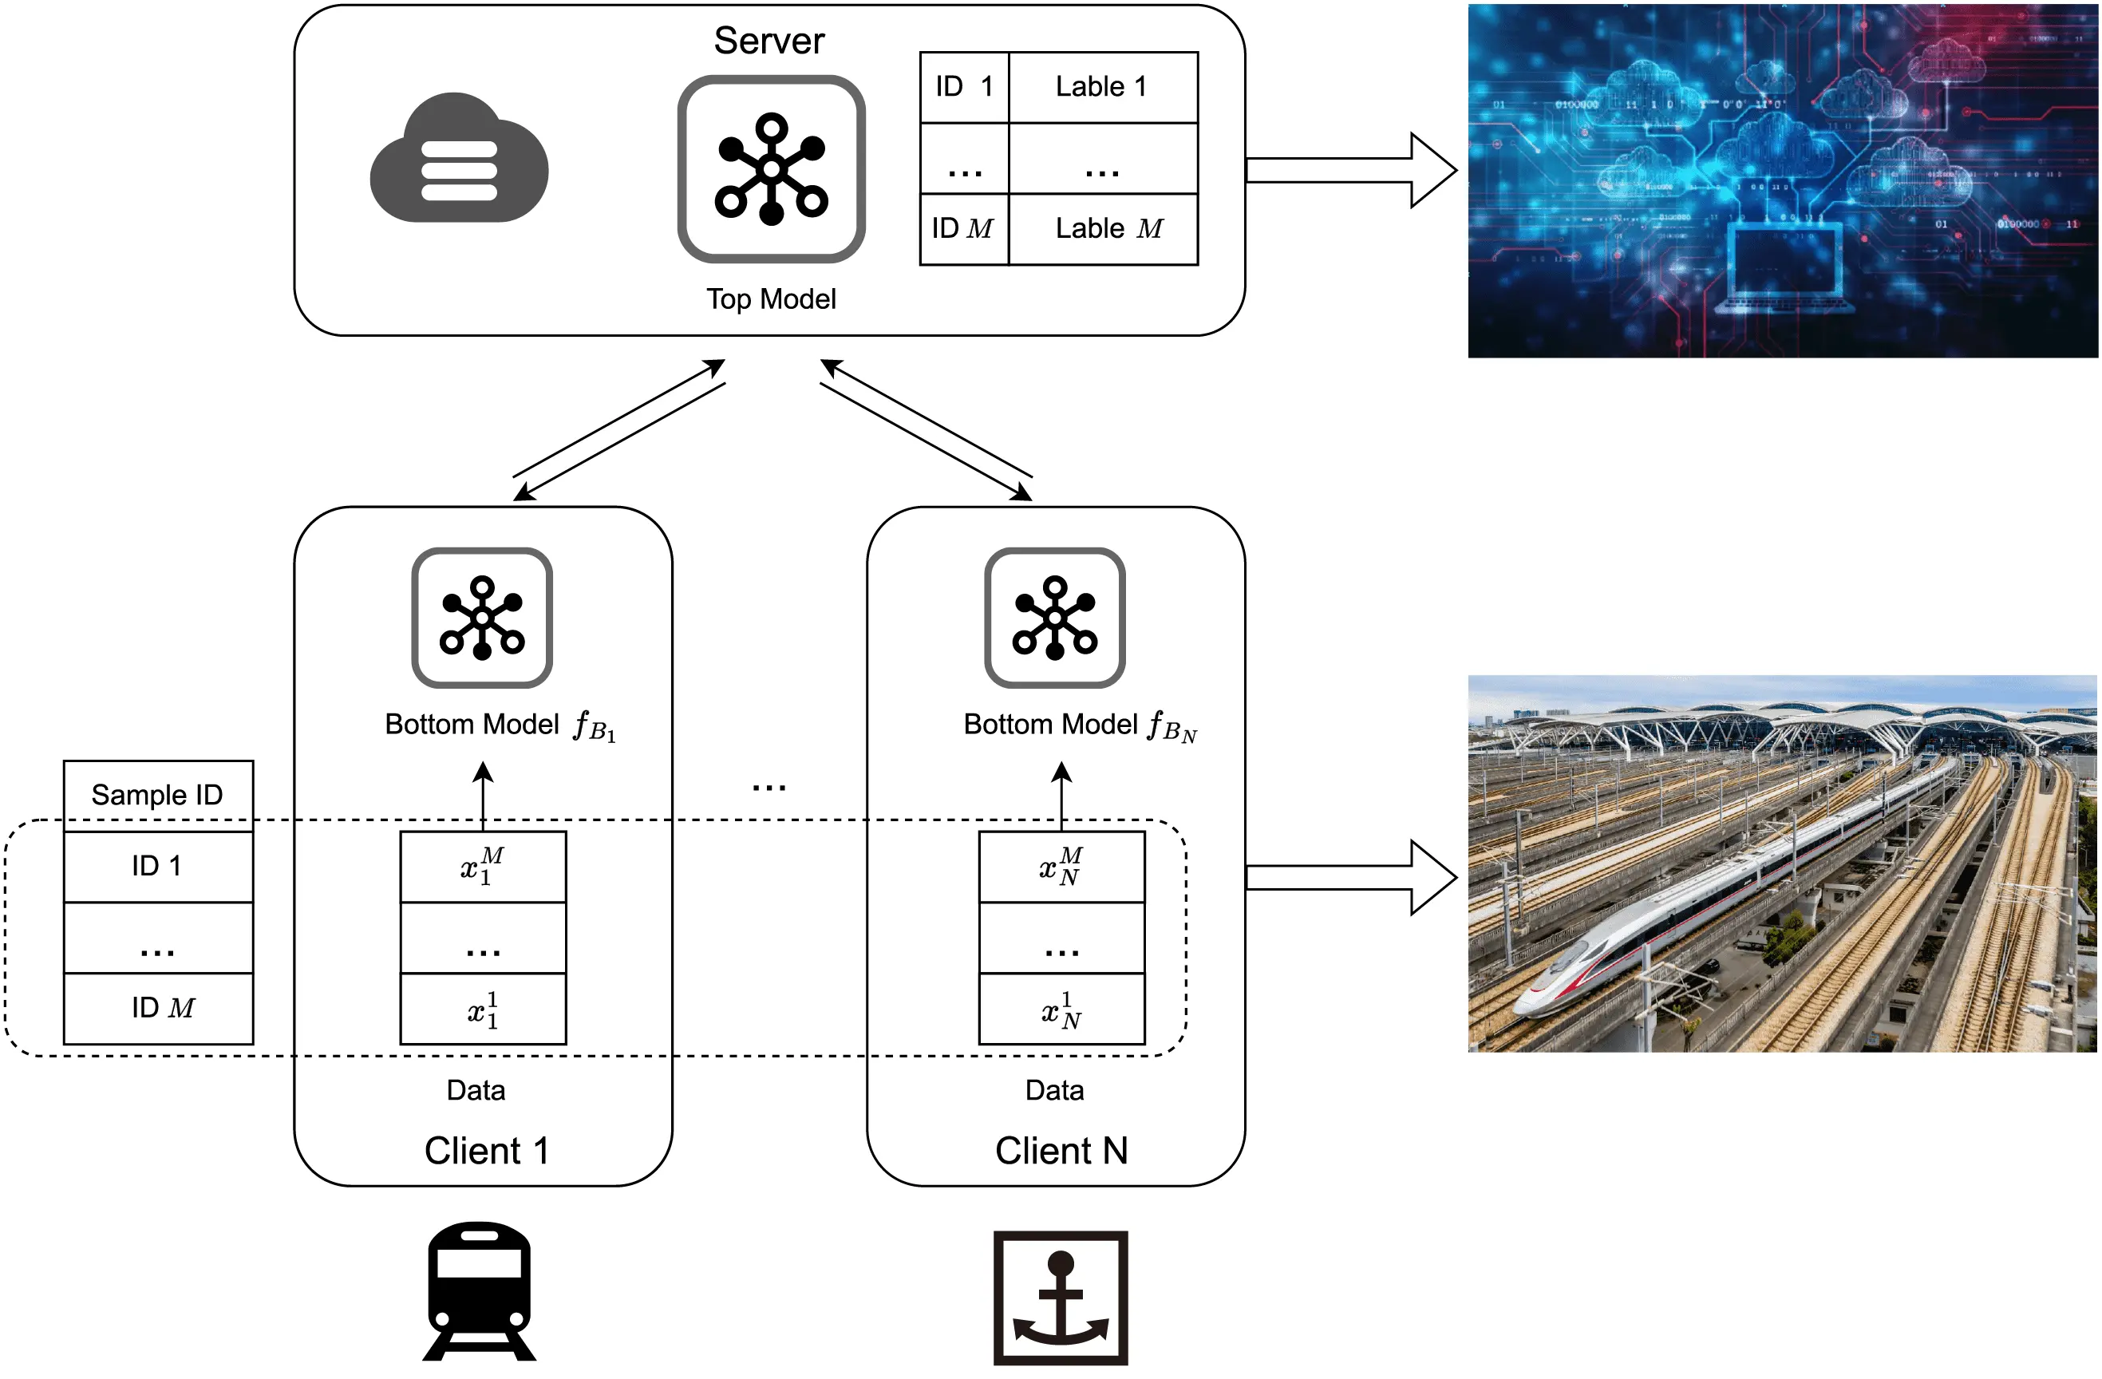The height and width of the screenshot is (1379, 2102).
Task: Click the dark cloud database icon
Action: (458, 159)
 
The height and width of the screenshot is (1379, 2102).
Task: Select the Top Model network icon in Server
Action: (771, 168)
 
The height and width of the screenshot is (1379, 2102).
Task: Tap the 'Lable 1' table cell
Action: (1102, 86)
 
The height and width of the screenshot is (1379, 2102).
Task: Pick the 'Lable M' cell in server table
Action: (1102, 229)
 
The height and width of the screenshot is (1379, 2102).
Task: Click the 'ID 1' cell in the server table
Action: (963, 86)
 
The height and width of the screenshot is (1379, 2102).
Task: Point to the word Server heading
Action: (768, 41)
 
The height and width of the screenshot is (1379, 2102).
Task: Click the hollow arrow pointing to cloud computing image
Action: (1351, 171)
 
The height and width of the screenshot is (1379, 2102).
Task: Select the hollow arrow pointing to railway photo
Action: (1351, 877)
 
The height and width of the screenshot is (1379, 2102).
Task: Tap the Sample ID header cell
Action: (158, 795)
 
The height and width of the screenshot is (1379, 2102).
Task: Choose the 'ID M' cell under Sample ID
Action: (158, 1008)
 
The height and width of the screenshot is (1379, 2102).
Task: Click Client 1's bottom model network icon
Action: (482, 618)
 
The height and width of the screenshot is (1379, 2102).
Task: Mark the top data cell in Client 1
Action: (483, 867)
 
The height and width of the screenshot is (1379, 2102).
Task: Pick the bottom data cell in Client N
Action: (1061, 1009)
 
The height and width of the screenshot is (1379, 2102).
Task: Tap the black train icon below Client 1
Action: (480, 1290)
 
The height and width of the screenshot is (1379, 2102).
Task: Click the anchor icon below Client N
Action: (1061, 1297)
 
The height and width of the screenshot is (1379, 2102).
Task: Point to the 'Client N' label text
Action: (1061, 1151)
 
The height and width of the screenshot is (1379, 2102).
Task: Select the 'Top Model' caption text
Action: (771, 299)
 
